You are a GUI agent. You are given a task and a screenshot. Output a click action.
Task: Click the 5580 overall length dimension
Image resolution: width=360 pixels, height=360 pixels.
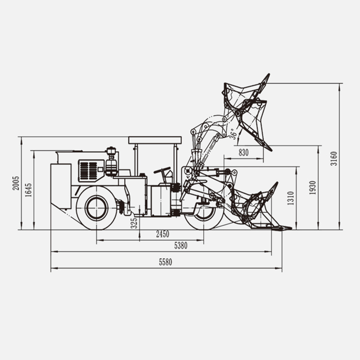(165, 262)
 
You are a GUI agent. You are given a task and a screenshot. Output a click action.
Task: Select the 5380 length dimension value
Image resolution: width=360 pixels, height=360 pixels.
(181, 246)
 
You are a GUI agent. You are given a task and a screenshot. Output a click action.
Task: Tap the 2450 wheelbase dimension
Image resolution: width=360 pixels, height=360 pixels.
(162, 234)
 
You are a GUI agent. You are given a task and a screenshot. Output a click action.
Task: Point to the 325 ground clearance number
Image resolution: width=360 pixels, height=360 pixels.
(134, 223)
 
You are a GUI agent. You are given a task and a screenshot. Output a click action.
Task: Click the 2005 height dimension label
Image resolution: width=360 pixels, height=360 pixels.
(16, 183)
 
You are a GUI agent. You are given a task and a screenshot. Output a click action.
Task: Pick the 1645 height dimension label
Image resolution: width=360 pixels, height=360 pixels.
(28, 190)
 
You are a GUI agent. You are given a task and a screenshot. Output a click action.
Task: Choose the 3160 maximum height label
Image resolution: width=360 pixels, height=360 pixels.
(333, 158)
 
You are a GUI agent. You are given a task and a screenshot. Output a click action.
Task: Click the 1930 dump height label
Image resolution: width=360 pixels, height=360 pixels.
(312, 188)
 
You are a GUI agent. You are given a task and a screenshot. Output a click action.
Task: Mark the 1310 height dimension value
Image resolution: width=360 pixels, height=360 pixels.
(290, 198)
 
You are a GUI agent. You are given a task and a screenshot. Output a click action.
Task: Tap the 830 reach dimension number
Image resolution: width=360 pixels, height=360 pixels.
(243, 153)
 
